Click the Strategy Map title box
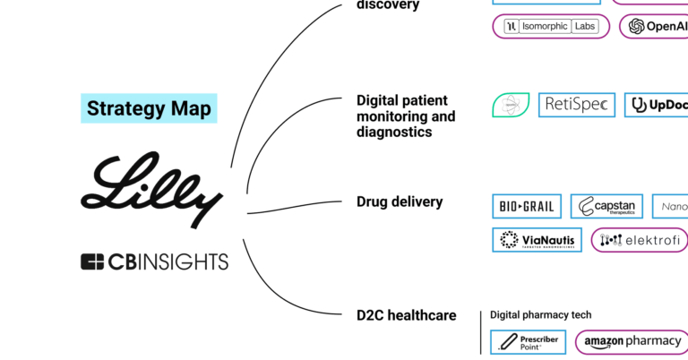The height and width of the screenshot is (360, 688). [x=149, y=108]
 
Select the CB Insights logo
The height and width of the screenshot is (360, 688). [x=154, y=262]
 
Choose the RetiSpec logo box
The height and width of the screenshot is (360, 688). [x=576, y=105]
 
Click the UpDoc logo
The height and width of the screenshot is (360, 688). [x=657, y=106]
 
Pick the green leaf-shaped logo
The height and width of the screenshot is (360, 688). [x=511, y=105]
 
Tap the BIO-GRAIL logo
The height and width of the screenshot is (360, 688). [x=527, y=207]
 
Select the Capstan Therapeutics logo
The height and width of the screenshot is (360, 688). [x=606, y=207]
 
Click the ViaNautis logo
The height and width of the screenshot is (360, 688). [x=537, y=240]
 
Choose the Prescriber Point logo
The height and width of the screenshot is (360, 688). [x=529, y=341]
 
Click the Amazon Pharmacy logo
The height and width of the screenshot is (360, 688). [x=632, y=341]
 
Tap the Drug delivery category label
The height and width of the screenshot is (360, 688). [x=400, y=202]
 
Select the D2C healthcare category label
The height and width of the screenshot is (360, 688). [x=406, y=315]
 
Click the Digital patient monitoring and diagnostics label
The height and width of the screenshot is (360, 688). [x=406, y=116]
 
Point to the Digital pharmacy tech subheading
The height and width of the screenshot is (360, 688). [x=540, y=315]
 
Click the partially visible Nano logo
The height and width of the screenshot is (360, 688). [x=673, y=207]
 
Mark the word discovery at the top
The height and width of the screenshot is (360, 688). [x=388, y=5]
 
